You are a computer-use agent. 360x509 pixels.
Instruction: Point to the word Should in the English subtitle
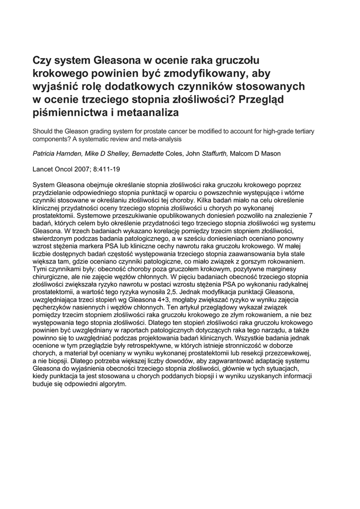(x=44, y=131)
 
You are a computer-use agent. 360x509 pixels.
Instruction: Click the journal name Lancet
(x=45, y=169)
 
